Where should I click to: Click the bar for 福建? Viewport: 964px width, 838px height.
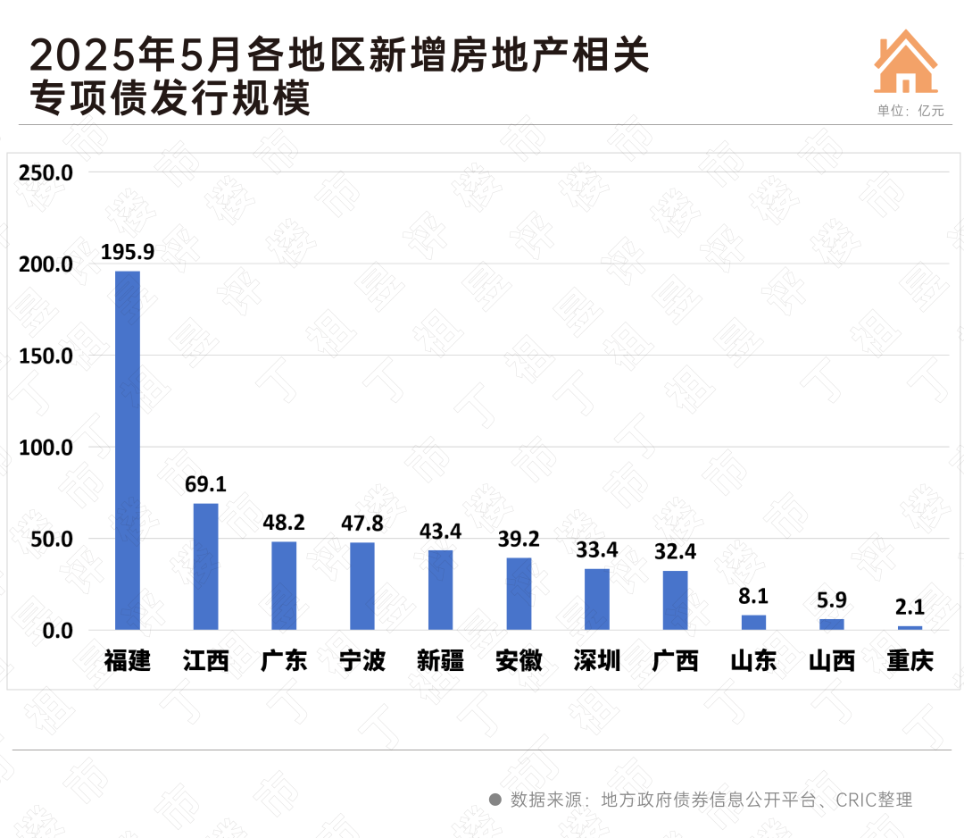click(128, 450)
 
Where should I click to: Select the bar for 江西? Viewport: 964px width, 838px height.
click(206, 566)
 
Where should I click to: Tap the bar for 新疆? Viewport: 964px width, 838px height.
click(440, 590)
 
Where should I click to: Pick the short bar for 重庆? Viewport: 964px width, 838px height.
click(910, 628)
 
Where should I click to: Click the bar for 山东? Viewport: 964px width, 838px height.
click(753, 623)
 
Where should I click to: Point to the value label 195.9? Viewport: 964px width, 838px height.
click(128, 252)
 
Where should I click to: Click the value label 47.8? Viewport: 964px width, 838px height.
click(362, 524)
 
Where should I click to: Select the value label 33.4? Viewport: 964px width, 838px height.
click(597, 549)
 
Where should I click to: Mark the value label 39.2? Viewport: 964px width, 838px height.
click(519, 539)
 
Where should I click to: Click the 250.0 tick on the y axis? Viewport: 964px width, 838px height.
click(47, 172)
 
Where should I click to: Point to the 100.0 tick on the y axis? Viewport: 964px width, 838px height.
click(47, 448)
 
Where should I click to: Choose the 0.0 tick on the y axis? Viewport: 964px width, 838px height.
click(54, 631)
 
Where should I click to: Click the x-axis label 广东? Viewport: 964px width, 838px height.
click(284, 661)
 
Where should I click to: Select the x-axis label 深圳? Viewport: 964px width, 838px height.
click(597, 661)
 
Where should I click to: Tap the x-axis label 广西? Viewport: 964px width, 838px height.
click(675, 661)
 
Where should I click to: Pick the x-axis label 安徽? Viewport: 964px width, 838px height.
click(519, 661)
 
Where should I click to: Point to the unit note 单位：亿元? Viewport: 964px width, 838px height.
click(910, 112)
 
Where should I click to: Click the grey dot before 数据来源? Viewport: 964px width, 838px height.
click(494, 799)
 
